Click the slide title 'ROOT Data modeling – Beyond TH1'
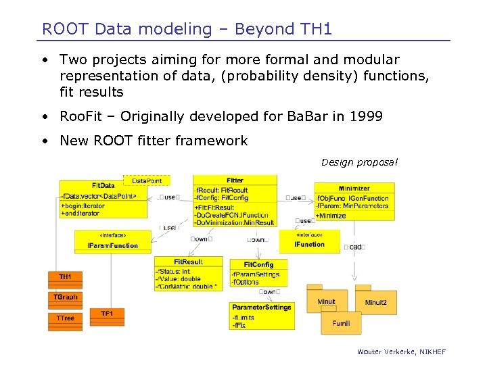pyautogui.click(x=187, y=29)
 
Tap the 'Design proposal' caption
pyautogui.click(x=359, y=162)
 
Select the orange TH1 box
pyautogui.click(x=65, y=277)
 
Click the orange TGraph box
pyautogui.click(x=65, y=297)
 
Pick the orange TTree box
pyautogui.click(x=65, y=318)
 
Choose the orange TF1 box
pyautogui.click(x=107, y=314)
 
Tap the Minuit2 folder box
pyautogui.click(x=376, y=301)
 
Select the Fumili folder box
pyautogui.click(x=341, y=323)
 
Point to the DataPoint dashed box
pyautogui.click(x=147, y=180)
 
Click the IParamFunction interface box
pyautogui.click(x=113, y=241)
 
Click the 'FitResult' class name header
pyautogui.click(x=188, y=262)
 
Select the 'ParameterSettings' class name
pyautogui.click(x=261, y=307)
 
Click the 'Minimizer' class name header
pyautogui.click(x=354, y=189)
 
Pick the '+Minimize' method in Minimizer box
pyautogui.click(x=331, y=216)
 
